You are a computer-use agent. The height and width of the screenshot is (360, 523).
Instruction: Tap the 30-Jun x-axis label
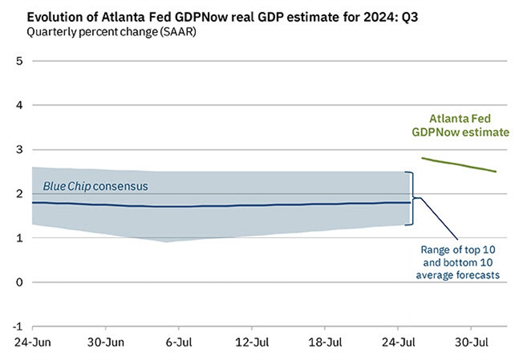(105, 343)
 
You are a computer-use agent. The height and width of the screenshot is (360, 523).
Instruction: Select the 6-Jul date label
(179, 343)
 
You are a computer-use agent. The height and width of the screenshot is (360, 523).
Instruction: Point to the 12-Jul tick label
(252, 343)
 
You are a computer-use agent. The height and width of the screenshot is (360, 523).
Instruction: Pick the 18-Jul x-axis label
(325, 343)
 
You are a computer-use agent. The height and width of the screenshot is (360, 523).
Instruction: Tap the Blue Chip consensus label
(95, 187)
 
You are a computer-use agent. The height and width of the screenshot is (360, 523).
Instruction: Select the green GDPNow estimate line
(459, 165)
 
